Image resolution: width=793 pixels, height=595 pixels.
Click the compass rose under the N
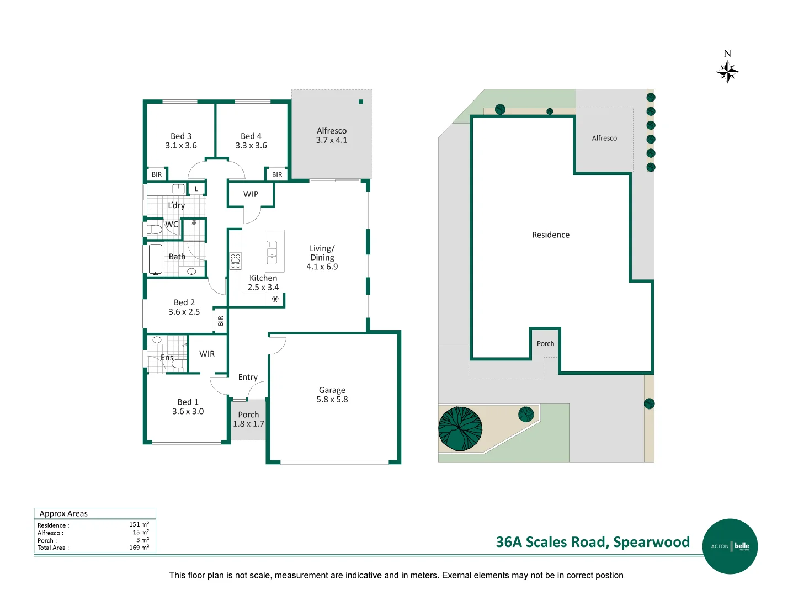(727, 72)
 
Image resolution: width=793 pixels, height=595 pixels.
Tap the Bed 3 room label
(180, 136)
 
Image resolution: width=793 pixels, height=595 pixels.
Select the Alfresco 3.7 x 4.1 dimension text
(331, 140)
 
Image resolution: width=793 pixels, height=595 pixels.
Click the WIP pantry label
(251, 194)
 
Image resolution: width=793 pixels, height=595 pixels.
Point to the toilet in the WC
(154, 229)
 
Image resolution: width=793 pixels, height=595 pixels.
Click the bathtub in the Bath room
(156, 259)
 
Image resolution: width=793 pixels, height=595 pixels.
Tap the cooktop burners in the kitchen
(235, 261)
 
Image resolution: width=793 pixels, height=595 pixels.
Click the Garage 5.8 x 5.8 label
(332, 394)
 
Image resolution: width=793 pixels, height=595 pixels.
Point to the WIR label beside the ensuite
(206, 354)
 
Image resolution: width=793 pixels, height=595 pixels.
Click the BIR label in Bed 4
(276, 174)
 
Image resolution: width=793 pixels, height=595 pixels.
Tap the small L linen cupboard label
(196, 189)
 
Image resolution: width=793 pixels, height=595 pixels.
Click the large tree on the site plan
(460, 428)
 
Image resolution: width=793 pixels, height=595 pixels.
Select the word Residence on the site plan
(550, 235)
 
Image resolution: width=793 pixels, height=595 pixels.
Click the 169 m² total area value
(139, 548)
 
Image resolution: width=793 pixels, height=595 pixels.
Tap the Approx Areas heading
(63, 513)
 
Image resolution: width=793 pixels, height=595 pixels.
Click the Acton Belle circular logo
(730, 546)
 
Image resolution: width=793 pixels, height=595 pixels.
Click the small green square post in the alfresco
(360, 102)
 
